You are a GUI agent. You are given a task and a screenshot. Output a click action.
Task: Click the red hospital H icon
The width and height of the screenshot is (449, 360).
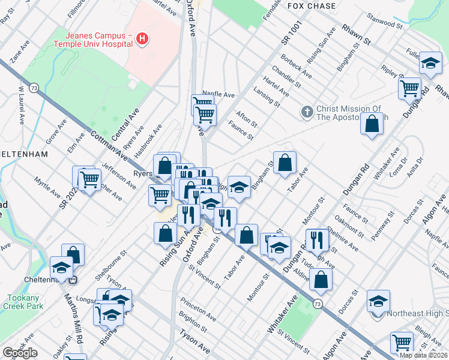[x=142, y=39]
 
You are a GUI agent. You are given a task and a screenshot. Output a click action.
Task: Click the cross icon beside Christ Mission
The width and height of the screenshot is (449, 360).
[x=307, y=112]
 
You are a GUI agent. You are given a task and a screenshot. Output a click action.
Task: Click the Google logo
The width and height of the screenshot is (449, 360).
[x=20, y=353]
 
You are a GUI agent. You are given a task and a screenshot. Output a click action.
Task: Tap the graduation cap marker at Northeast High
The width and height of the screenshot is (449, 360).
[x=378, y=301]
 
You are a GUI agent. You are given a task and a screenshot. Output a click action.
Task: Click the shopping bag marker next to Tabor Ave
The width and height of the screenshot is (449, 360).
[x=285, y=162]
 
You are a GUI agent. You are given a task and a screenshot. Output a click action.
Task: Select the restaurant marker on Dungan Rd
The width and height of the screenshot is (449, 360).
[x=317, y=239]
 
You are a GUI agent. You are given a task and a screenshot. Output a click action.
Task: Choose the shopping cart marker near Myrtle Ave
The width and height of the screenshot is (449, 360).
[x=89, y=179]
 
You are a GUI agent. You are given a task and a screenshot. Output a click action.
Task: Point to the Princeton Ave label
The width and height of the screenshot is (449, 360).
[x=202, y=312]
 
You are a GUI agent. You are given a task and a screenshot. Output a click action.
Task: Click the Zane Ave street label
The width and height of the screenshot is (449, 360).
[x=19, y=52]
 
